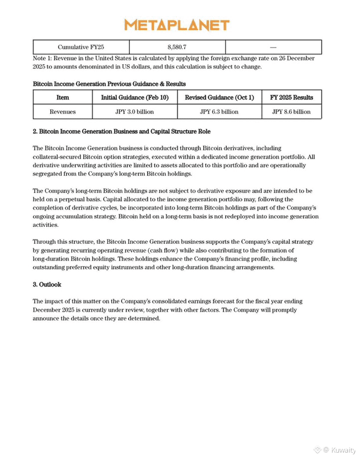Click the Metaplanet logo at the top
[x=177, y=25]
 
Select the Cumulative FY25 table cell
[x=81, y=47]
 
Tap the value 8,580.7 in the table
[x=177, y=47]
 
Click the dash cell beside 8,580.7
[x=273, y=47]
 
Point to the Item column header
[x=63, y=97]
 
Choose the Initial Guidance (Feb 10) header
[x=134, y=97]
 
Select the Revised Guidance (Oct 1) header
[x=219, y=97]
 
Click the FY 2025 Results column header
[x=292, y=97]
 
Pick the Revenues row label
[x=63, y=112]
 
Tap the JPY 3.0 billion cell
[x=134, y=112]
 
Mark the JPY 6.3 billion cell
[x=219, y=112]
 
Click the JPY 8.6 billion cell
[x=292, y=112]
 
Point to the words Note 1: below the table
[x=44, y=58]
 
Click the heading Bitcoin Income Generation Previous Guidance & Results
[x=109, y=84]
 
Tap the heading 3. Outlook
[x=47, y=285]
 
